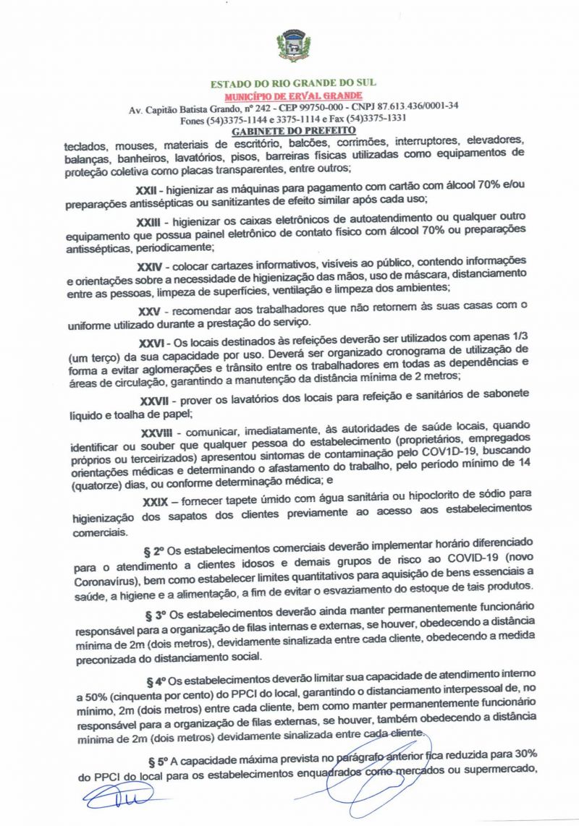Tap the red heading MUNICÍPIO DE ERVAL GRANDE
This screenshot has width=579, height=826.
click(x=293, y=95)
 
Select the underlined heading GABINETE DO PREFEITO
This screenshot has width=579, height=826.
click(x=293, y=131)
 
